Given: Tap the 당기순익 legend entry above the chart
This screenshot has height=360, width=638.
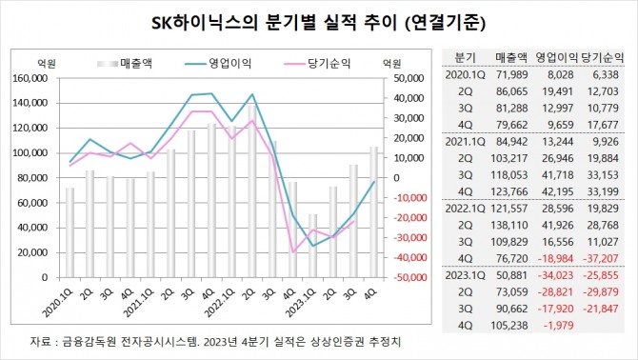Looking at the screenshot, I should [329, 63].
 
